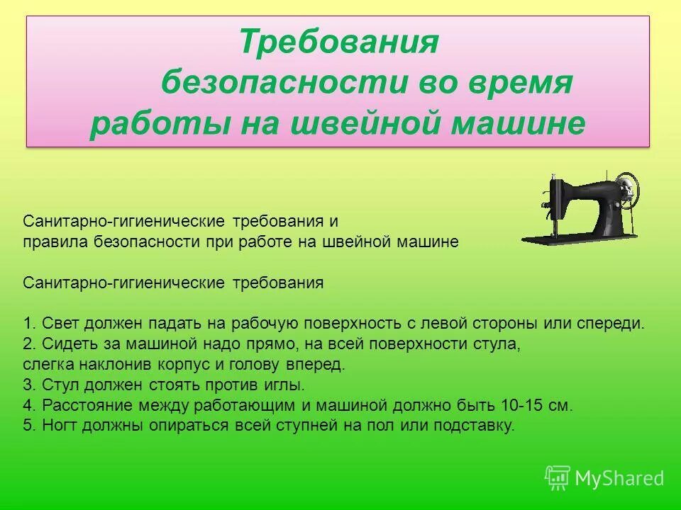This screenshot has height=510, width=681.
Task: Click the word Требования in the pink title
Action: pyautogui.click(x=339, y=42)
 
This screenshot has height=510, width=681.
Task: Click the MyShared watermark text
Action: pyautogui.click(x=619, y=478)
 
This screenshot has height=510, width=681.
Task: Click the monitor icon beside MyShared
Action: pyautogui.click(x=558, y=477)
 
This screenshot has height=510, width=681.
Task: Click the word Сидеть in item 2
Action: pyautogui.click(x=66, y=344)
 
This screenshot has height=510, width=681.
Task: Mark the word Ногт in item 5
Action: pyautogui.click(x=60, y=426)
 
